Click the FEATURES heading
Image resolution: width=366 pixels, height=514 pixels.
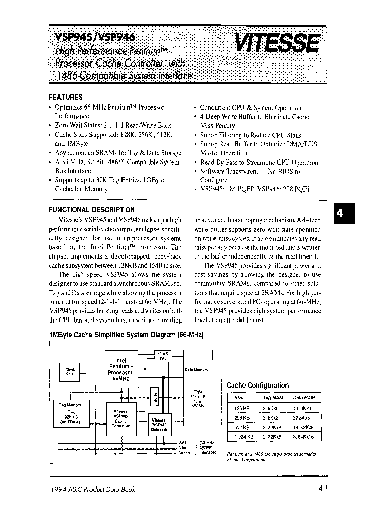66,97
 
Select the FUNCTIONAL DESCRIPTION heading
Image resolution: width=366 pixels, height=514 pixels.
91,209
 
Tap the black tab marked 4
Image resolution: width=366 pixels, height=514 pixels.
339,214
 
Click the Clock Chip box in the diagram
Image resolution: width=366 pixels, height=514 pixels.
70,371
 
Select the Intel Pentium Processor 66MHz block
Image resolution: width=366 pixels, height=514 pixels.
120,372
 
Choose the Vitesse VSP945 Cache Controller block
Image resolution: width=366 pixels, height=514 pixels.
120,419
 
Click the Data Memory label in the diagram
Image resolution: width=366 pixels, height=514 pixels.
196,370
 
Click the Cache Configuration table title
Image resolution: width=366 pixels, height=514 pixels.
257,385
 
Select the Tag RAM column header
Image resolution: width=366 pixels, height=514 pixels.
272,397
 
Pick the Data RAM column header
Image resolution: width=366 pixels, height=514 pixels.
304,397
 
